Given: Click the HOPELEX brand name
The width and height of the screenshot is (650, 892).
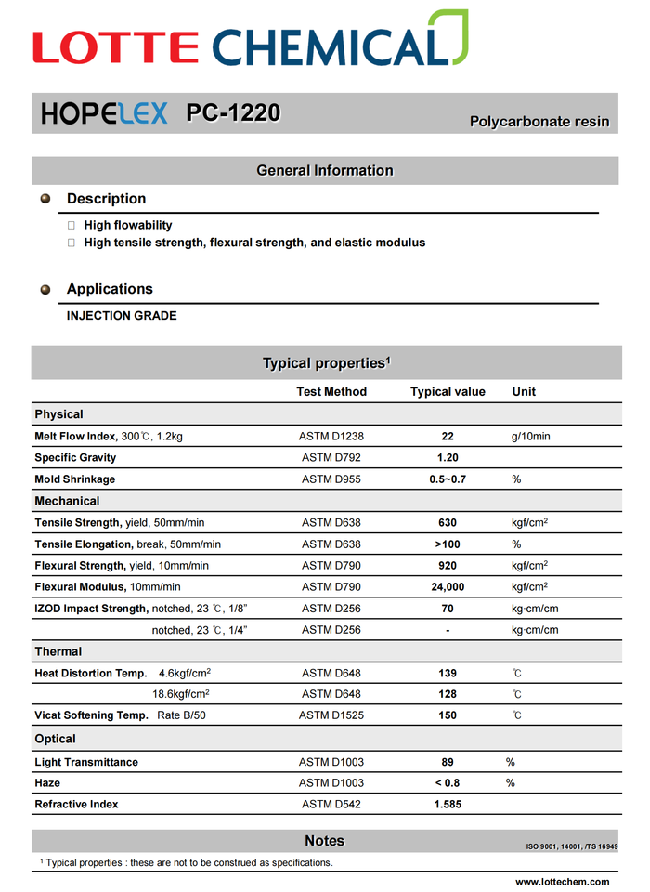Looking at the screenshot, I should pos(105,113).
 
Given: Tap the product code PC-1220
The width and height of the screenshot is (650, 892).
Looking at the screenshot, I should pos(233,113).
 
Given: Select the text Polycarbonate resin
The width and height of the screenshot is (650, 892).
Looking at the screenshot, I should pos(539,122).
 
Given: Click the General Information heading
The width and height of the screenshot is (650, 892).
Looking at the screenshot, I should pos(325,171).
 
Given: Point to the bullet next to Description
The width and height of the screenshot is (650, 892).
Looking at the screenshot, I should pos(45,199).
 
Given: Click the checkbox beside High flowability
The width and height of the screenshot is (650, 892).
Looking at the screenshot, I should pos(72,225).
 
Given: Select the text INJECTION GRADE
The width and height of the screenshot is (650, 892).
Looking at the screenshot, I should pos(122,316).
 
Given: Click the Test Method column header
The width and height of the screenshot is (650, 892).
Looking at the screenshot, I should pos(331,392).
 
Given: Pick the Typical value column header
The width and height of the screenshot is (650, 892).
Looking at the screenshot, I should pos(448,392).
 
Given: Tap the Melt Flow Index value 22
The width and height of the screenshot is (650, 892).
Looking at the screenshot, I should pos(448,436).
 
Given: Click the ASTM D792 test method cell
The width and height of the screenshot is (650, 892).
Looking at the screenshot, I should pos(331,458).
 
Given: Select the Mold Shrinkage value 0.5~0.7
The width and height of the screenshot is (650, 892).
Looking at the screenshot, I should pos(448,479).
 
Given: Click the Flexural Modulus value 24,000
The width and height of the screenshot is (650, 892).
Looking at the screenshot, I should pos(448,587).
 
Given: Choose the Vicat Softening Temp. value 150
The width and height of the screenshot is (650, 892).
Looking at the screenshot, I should pos(448,715).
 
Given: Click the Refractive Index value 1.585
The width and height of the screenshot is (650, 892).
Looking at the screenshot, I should pos(448,805).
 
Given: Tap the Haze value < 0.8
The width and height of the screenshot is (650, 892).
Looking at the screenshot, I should pos(448,783).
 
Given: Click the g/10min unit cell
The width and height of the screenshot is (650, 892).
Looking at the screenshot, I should pos(530,436).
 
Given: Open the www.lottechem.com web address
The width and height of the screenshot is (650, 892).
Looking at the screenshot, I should pos(563,882).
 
